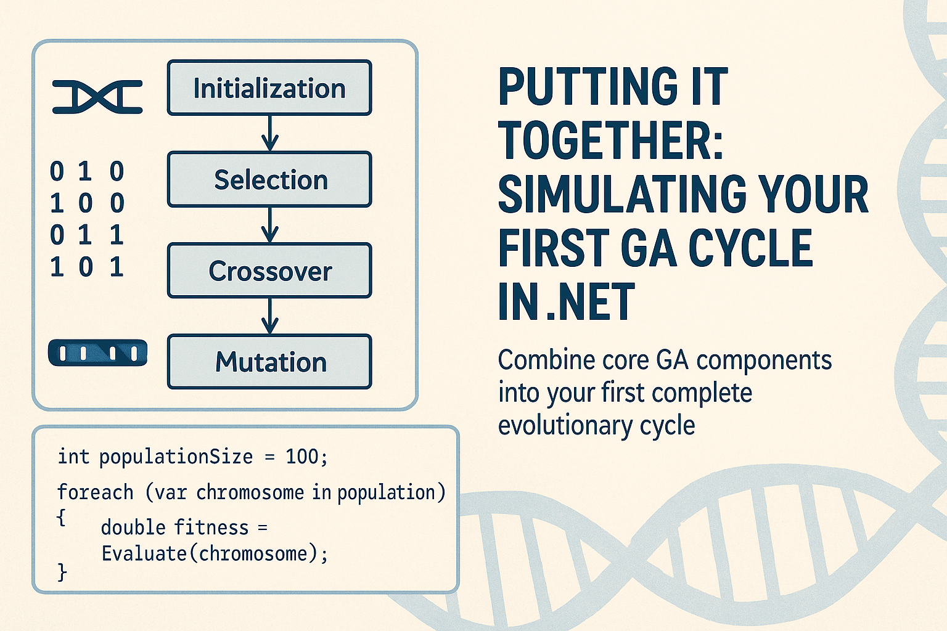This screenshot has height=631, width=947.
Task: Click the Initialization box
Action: pyautogui.click(x=269, y=88)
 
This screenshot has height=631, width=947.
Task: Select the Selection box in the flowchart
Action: pyautogui.click(x=269, y=179)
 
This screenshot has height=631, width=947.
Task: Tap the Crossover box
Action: pyautogui.click(x=269, y=271)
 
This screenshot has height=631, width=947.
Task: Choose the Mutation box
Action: pyautogui.click(x=269, y=362)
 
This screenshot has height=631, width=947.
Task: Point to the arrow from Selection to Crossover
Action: pyautogui.click(x=269, y=225)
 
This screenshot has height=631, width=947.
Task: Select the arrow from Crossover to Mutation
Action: pyautogui.click(x=269, y=316)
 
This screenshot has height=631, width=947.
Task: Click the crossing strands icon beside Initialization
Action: pyautogui.click(x=97, y=97)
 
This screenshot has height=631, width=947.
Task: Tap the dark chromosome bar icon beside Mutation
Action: pyautogui.click(x=97, y=353)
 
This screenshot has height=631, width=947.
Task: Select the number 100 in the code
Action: pyautogui.click(x=302, y=457)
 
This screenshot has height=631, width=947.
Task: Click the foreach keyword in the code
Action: pyautogui.click(x=95, y=492)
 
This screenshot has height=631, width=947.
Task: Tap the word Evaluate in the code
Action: pyautogui.click(x=144, y=553)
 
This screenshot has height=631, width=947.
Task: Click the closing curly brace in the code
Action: pyautogui.click(x=62, y=572)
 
